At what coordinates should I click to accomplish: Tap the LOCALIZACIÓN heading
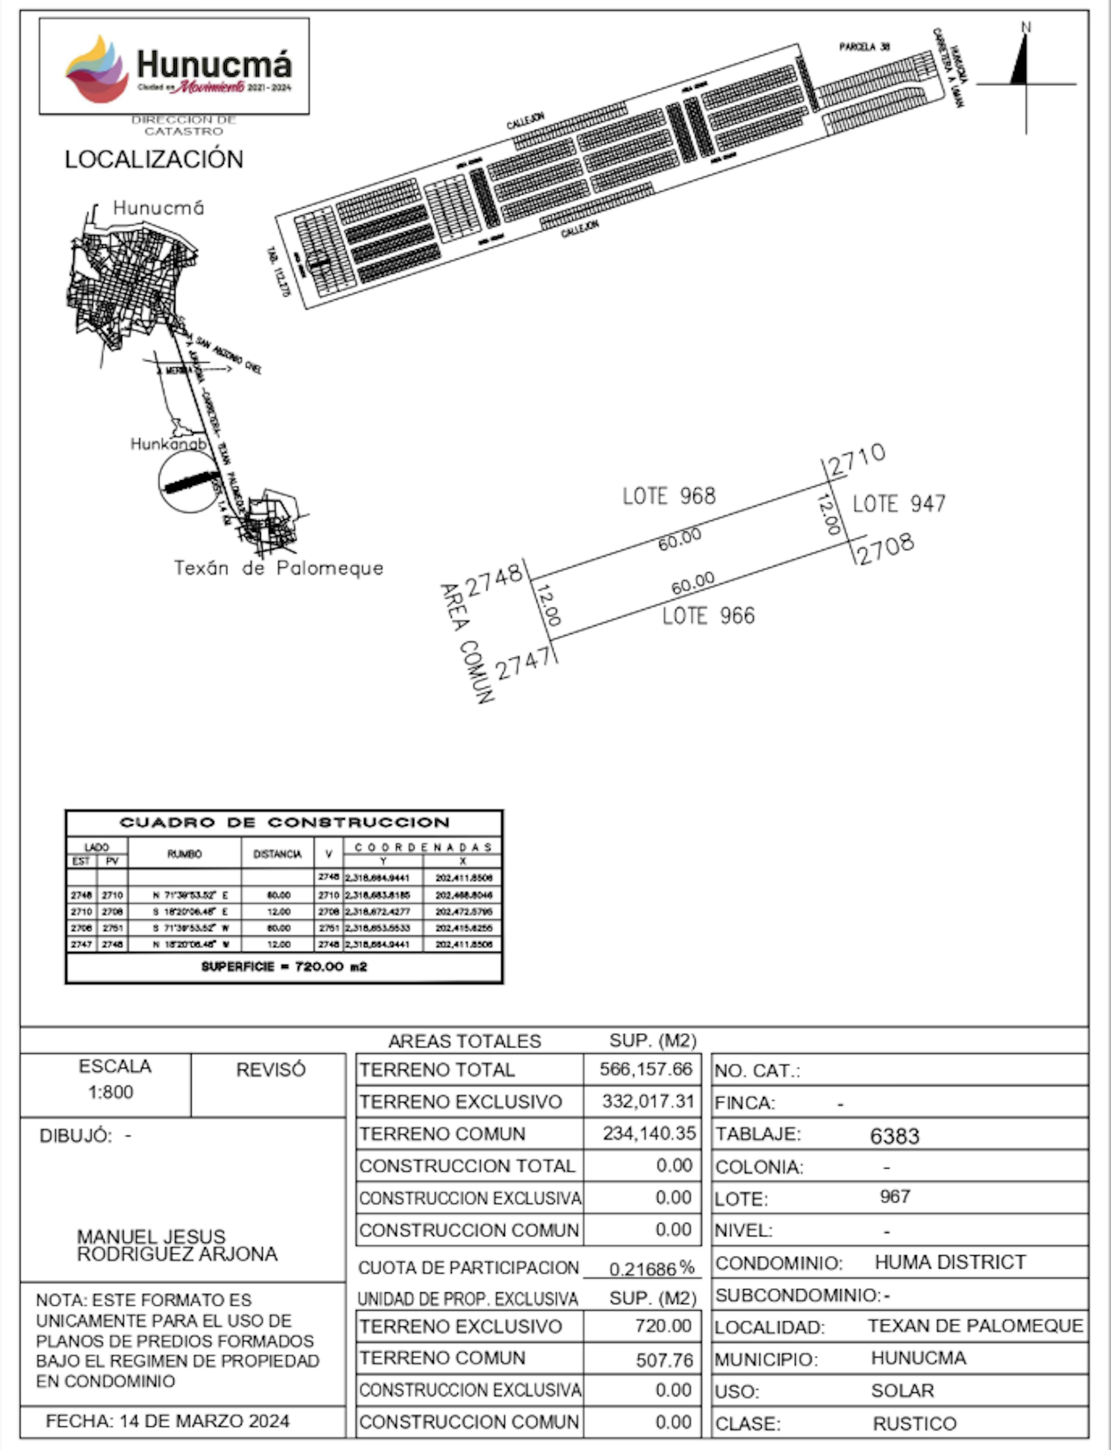[x=153, y=159]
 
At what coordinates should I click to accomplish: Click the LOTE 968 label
[x=669, y=496]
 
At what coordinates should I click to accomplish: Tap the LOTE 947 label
[x=899, y=504]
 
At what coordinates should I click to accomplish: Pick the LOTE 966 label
[x=708, y=616]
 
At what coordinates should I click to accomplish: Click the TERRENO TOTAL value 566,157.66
[x=645, y=1069]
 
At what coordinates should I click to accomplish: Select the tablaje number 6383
[x=894, y=1136]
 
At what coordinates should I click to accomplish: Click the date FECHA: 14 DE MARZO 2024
[x=167, y=1421]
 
